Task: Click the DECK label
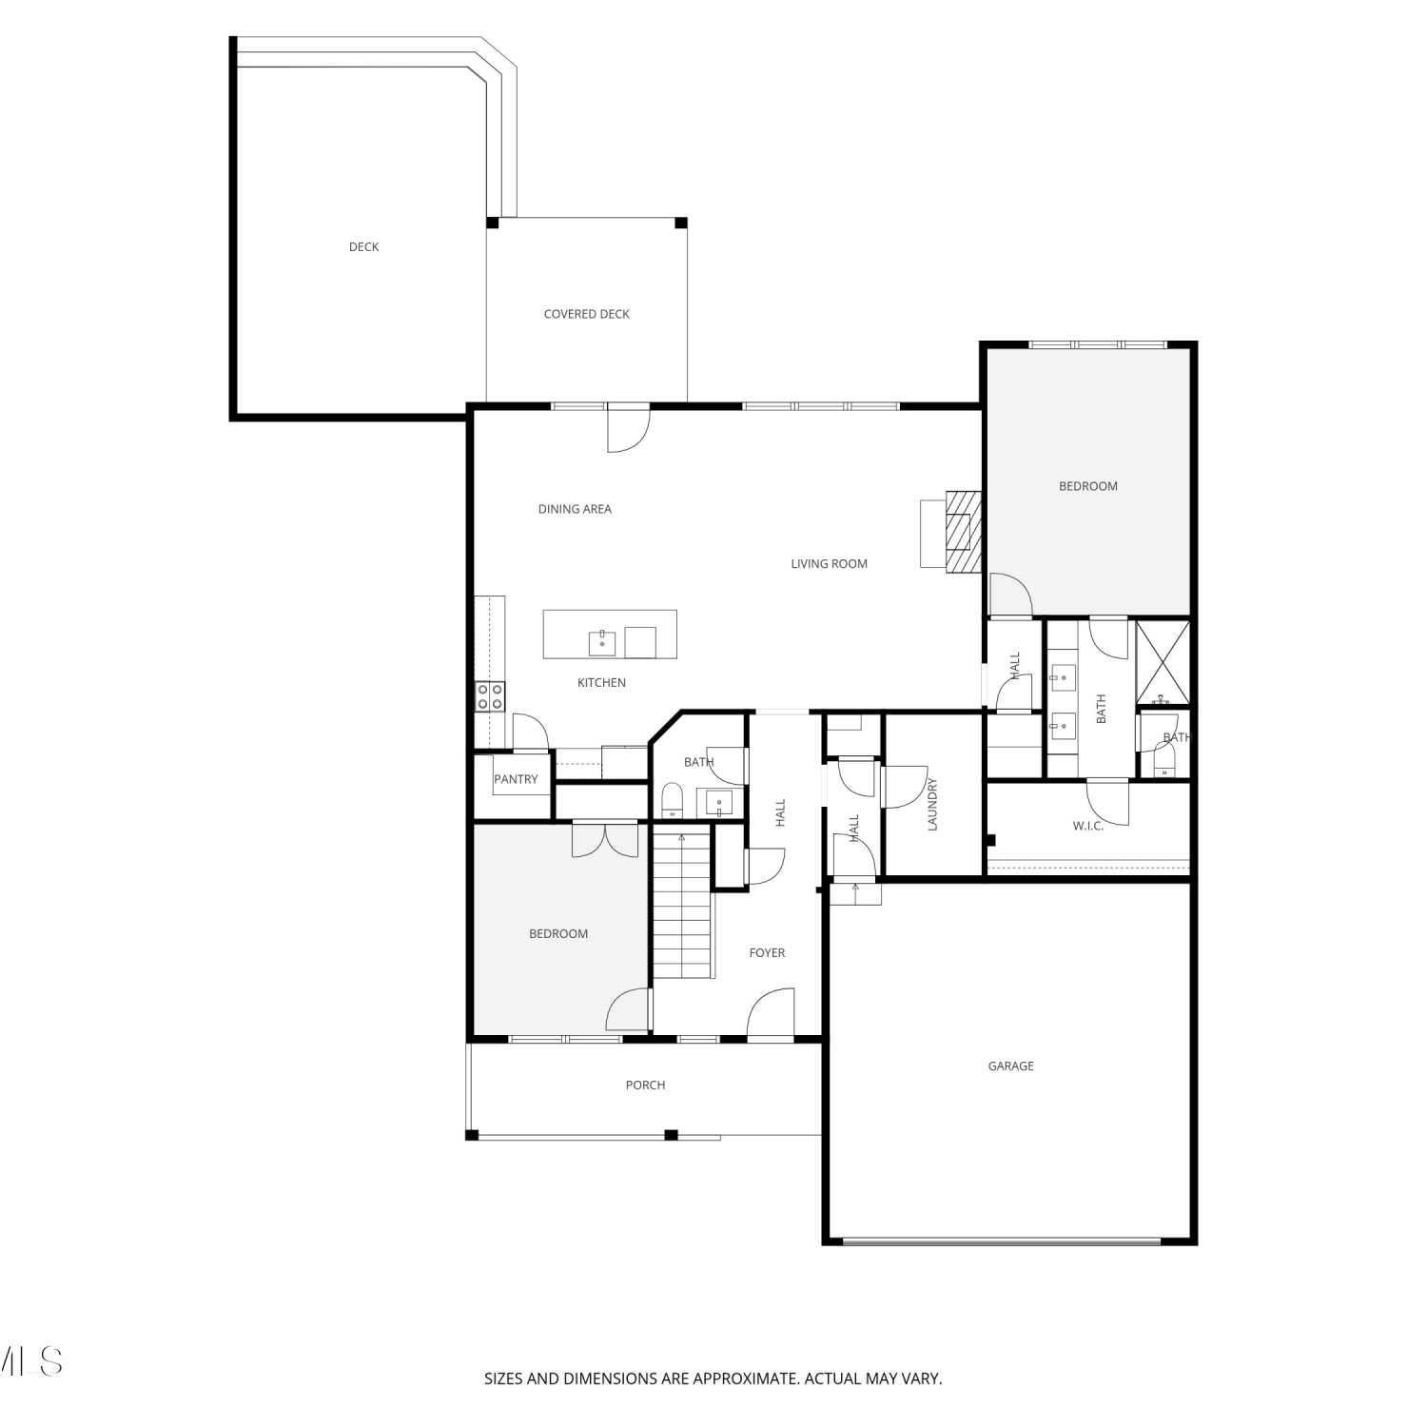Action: pyautogui.click(x=363, y=247)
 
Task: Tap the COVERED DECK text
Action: pyautogui.click(x=586, y=314)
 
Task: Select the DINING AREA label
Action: pyautogui.click(x=575, y=509)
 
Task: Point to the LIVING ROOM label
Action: pyautogui.click(x=829, y=564)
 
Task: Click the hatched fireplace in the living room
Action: pyautogui.click(x=963, y=532)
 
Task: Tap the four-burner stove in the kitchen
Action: pyautogui.click(x=490, y=696)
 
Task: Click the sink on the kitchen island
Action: pyautogui.click(x=602, y=644)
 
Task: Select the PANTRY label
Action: pyautogui.click(x=516, y=779)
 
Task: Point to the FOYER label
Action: pyautogui.click(x=767, y=953)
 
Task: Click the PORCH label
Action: pyautogui.click(x=645, y=1085)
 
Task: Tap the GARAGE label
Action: pyautogui.click(x=1010, y=1066)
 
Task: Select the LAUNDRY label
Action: pyautogui.click(x=932, y=805)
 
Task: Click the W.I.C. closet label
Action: pyautogui.click(x=1088, y=826)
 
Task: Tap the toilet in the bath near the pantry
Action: pyautogui.click(x=672, y=800)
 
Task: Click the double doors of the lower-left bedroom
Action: pyautogui.click(x=605, y=839)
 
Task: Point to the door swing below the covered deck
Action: pyautogui.click(x=628, y=428)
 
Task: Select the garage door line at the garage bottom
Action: pyautogui.click(x=1002, y=1241)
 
